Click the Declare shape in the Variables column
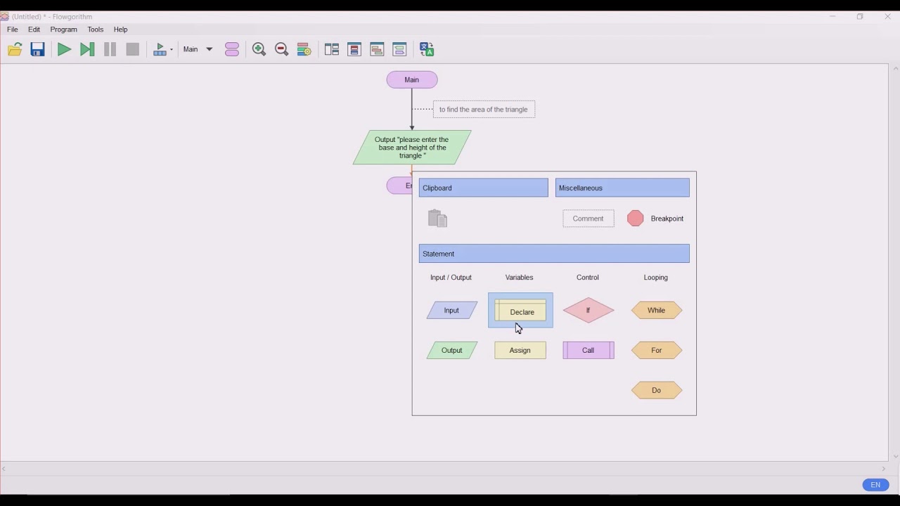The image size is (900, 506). click(x=520, y=310)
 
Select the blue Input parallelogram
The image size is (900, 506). click(x=451, y=311)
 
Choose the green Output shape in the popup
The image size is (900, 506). click(x=451, y=350)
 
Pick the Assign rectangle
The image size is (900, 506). click(x=520, y=350)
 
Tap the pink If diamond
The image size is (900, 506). click(x=589, y=311)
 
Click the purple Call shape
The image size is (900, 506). click(x=589, y=350)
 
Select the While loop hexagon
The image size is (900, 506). click(x=657, y=311)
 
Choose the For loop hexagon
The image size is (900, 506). click(x=657, y=350)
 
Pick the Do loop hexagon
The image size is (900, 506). click(x=657, y=390)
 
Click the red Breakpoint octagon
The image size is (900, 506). click(x=635, y=219)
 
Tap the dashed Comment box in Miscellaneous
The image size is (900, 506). click(x=589, y=219)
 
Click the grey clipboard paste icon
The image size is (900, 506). click(x=437, y=219)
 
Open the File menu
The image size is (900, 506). click(x=13, y=30)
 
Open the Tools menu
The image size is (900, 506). click(x=95, y=30)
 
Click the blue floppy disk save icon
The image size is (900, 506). click(x=37, y=49)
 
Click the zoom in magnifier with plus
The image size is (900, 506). click(x=259, y=49)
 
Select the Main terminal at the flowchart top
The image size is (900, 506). click(x=412, y=79)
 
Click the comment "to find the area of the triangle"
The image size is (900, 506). click(x=484, y=109)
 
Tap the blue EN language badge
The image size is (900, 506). click(x=875, y=485)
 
